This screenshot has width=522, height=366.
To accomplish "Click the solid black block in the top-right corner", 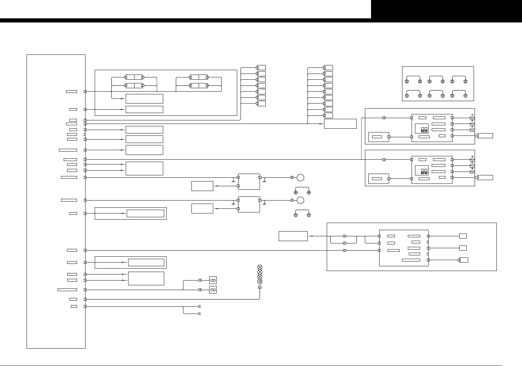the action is click(446, 9).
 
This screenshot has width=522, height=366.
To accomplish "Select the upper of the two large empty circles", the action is click(300, 177).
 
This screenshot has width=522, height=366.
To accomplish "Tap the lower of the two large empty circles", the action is click(300, 200).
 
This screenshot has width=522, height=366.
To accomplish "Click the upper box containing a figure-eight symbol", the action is click(213, 280).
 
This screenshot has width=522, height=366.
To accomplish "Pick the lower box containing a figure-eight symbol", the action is click(213, 290).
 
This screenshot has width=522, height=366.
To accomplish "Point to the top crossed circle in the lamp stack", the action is click(260, 267).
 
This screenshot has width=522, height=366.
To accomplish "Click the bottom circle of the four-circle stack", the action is click(260, 282).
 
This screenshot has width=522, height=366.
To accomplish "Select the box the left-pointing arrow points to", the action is click(293, 236).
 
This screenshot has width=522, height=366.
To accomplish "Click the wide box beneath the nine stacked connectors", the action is click(340, 124).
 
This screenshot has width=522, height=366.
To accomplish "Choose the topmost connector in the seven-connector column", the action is click(261, 67).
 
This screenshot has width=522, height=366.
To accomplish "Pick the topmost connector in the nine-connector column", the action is click(328, 67).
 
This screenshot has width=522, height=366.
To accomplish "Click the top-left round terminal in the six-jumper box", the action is click(407, 82).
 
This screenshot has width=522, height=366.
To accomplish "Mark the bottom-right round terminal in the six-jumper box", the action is click(465, 96).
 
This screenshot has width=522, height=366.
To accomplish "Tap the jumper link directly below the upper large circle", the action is click(302, 190).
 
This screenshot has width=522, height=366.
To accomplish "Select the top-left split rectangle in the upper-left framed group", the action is click(134, 77).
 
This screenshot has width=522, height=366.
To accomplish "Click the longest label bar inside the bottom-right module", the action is click(411, 260).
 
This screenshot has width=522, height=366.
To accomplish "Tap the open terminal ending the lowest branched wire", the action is click(199, 314).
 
